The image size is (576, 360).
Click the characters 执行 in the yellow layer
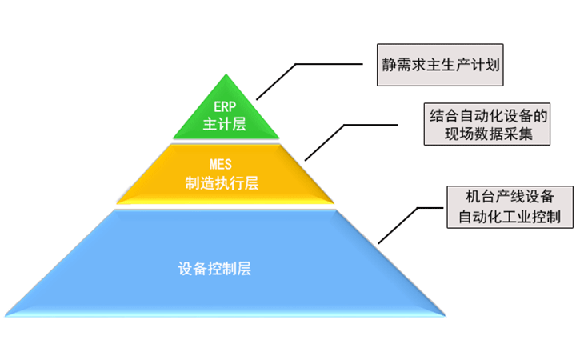tap(230, 183)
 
